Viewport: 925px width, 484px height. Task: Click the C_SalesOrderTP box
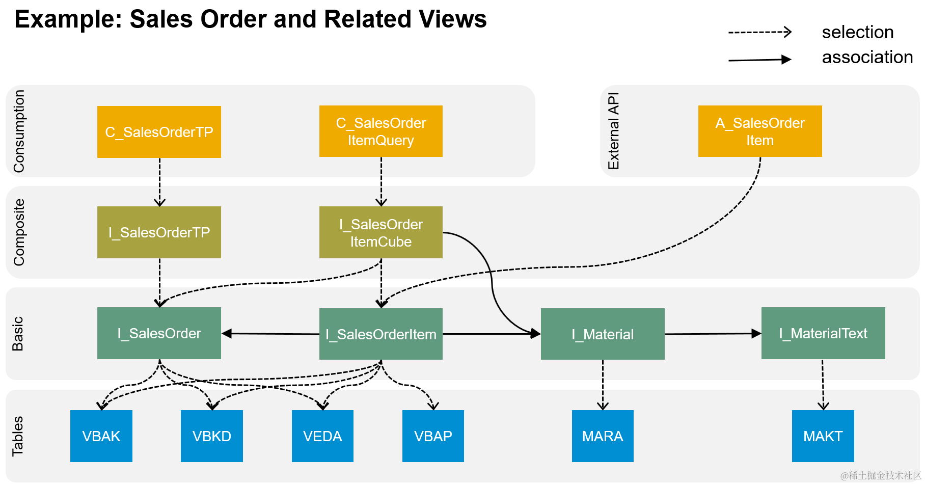click(159, 132)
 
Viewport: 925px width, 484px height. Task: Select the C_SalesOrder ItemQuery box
click(380, 131)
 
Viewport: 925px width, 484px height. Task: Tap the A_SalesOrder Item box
click(759, 131)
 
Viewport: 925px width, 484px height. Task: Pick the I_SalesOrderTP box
click(159, 232)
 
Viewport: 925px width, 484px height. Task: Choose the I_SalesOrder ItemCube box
click(380, 232)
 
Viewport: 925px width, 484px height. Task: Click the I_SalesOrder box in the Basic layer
click(159, 333)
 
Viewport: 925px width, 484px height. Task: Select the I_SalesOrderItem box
click(380, 334)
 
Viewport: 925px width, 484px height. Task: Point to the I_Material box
click(602, 334)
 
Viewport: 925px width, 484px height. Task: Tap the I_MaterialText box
click(823, 333)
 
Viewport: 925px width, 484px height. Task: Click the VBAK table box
click(101, 436)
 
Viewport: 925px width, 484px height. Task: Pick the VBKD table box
click(211, 436)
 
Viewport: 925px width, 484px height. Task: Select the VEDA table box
click(322, 436)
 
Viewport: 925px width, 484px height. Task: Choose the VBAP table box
click(433, 436)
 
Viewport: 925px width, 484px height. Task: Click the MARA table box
click(603, 436)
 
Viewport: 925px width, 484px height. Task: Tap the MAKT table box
click(823, 436)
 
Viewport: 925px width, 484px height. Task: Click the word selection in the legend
click(858, 32)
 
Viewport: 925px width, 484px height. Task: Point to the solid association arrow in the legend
click(759, 60)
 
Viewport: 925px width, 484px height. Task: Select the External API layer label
click(614, 131)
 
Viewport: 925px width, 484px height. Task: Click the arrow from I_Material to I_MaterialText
click(713, 334)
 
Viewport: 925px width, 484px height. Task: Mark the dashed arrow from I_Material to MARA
click(603, 385)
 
